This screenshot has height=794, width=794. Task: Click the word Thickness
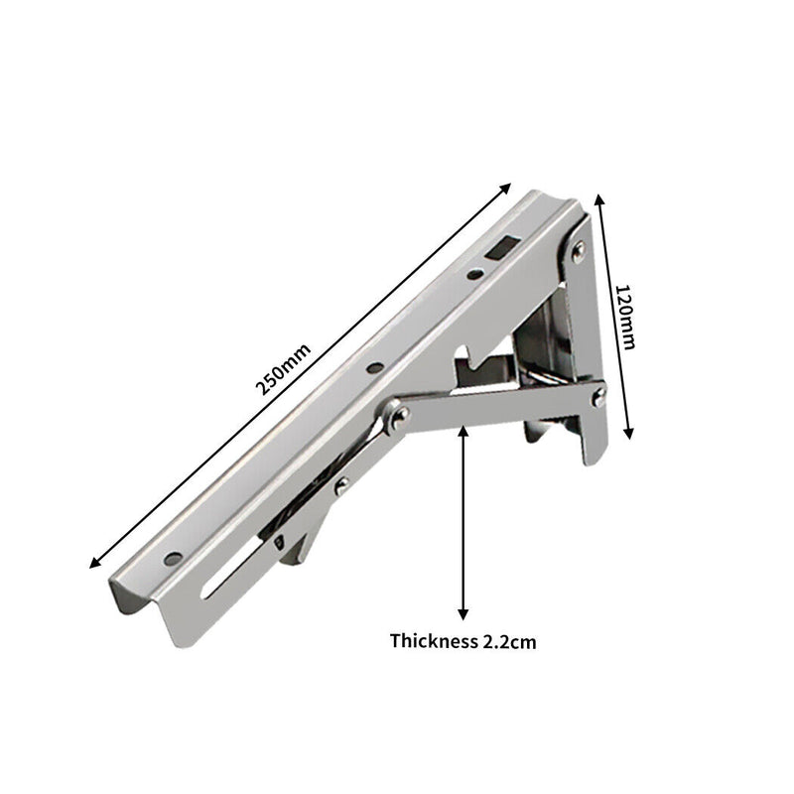click(x=433, y=641)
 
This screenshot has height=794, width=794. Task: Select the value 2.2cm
click(x=509, y=641)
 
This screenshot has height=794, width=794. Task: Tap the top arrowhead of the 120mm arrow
click(x=598, y=199)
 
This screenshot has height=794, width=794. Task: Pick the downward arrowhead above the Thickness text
click(x=463, y=613)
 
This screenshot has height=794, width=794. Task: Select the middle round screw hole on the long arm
click(x=373, y=368)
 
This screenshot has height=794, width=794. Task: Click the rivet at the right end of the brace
click(x=599, y=397)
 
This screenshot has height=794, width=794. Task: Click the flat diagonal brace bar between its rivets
click(x=496, y=405)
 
